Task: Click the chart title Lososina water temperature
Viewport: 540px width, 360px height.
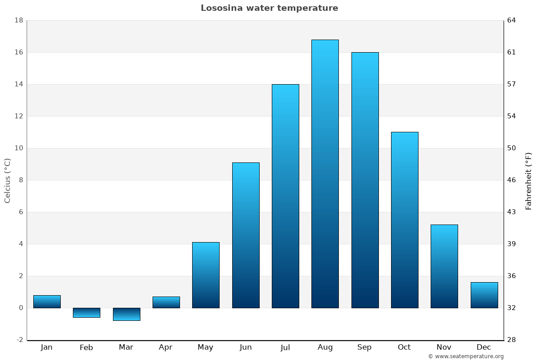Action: tap(269, 8)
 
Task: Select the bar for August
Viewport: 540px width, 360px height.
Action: tap(325, 174)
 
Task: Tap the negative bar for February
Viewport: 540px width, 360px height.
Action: tap(86, 313)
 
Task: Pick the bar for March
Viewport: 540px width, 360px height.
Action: tap(126, 314)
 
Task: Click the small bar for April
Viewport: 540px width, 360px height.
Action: tap(166, 302)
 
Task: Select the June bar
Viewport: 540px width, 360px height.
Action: tap(246, 235)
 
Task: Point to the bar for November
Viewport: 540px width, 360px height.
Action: tap(444, 266)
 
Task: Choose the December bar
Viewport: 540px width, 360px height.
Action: tap(484, 295)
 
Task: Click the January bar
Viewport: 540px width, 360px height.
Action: tap(47, 301)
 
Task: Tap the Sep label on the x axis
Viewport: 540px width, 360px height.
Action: tap(364, 347)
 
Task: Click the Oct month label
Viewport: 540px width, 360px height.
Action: tap(404, 347)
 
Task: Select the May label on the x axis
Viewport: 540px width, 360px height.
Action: tap(205, 347)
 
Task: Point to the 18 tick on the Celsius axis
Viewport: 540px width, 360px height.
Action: tap(19, 20)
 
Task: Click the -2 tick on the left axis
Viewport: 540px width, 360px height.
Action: tap(19, 340)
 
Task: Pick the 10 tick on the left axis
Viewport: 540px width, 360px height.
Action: tap(19, 148)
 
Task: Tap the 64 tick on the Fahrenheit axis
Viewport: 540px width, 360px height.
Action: tap(512, 20)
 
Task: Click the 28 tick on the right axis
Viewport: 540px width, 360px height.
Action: tap(512, 340)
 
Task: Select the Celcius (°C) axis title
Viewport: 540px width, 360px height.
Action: tap(7, 180)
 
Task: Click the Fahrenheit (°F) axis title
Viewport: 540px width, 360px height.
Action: tap(529, 180)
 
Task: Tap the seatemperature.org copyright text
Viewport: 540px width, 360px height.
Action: tap(466, 356)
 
